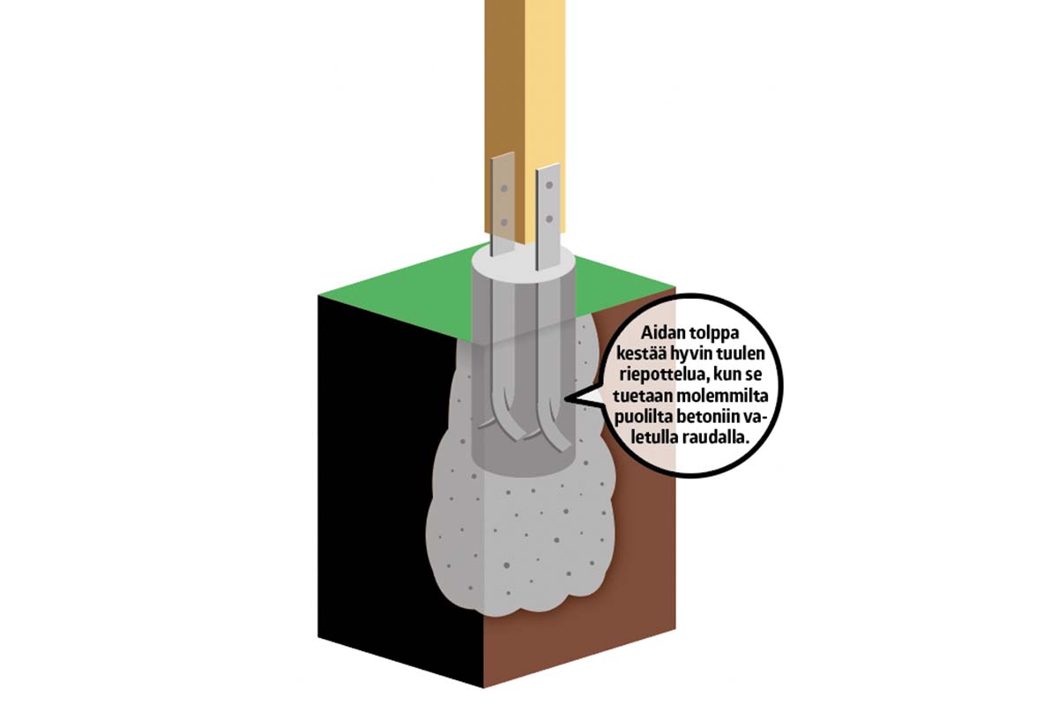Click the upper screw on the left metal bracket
(x=502, y=189)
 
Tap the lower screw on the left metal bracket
(x=501, y=221)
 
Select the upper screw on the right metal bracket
(x=549, y=187)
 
